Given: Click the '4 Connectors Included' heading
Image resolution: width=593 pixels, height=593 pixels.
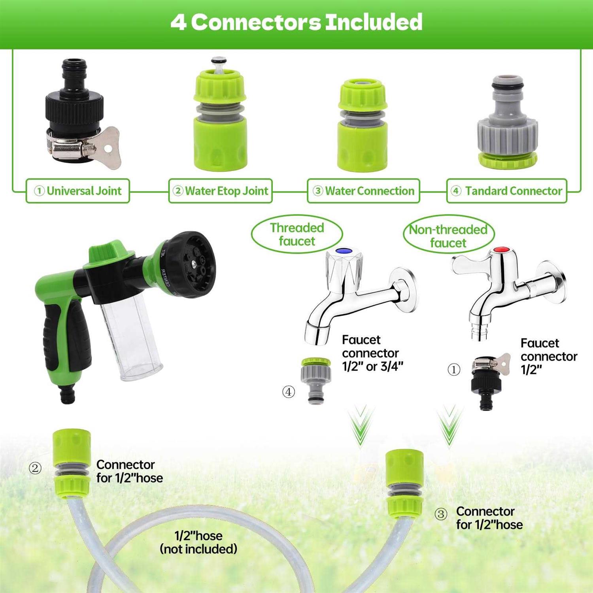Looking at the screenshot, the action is pyautogui.click(x=296, y=22).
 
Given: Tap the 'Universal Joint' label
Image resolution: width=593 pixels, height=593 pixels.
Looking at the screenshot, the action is pyautogui.click(x=78, y=191).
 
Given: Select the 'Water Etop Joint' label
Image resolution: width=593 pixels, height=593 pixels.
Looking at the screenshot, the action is pyautogui.click(x=221, y=191).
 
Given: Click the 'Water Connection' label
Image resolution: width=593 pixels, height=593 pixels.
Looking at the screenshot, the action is pyautogui.click(x=364, y=191).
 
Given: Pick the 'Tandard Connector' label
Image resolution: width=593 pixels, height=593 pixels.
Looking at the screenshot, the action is pyautogui.click(x=507, y=191).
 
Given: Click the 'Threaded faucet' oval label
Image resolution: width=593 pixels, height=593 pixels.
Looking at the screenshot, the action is pyautogui.click(x=297, y=234).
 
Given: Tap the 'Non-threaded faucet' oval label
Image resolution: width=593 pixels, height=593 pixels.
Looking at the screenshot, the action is pyautogui.click(x=449, y=236).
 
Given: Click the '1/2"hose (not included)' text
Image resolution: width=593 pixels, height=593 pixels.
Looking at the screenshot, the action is pyautogui.click(x=198, y=542).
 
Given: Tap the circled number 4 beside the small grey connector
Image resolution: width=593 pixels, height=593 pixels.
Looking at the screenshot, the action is pyautogui.click(x=289, y=392).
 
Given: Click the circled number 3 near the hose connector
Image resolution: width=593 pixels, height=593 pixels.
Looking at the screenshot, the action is pyautogui.click(x=441, y=514).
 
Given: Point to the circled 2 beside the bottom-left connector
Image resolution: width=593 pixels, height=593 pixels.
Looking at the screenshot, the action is pyautogui.click(x=35, y=468).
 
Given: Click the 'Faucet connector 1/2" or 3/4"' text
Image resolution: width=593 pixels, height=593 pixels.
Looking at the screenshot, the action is pyautogui.click(x=372, y=353).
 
